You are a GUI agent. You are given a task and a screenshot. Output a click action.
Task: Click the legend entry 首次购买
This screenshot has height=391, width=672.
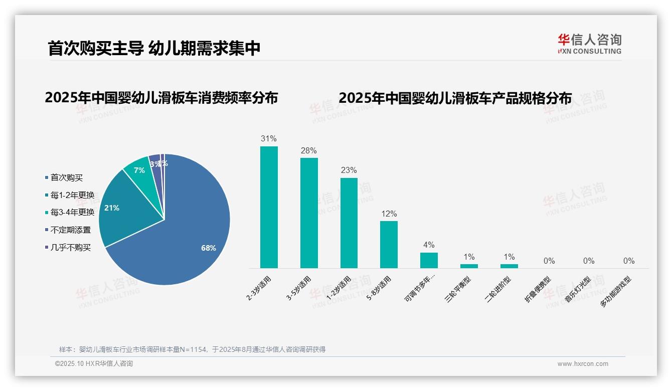pyautogui.click(x=66, y=178)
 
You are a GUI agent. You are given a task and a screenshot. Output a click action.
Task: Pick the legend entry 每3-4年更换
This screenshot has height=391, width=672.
pyautogui.click(x=72, y=213)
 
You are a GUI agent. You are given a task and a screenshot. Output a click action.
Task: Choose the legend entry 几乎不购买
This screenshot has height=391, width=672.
pyautogui.click(x=70, y=247)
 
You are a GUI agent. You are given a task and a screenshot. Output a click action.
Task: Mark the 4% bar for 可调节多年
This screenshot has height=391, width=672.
pyautogui.click(x=429, y=260)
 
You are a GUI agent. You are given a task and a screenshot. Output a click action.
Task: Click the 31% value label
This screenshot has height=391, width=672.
pyautogui.click(x=269, y=139)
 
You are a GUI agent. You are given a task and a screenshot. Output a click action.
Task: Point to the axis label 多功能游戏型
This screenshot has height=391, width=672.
pyautogui.click(x=615, y=291)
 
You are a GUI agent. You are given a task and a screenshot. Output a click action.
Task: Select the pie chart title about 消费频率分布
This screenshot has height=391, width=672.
pyautogui.click(x=161, y=98)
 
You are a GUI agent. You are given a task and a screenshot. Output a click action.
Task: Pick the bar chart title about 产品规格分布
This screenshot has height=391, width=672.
pyautogui.click(x=455, y=98)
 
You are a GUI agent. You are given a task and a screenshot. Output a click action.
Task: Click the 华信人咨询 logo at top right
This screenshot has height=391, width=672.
pyautogui.click(x=589, y=44)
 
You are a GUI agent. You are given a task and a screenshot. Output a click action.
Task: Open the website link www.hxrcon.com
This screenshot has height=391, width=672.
pyautogui.click(x=583, y=364)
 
